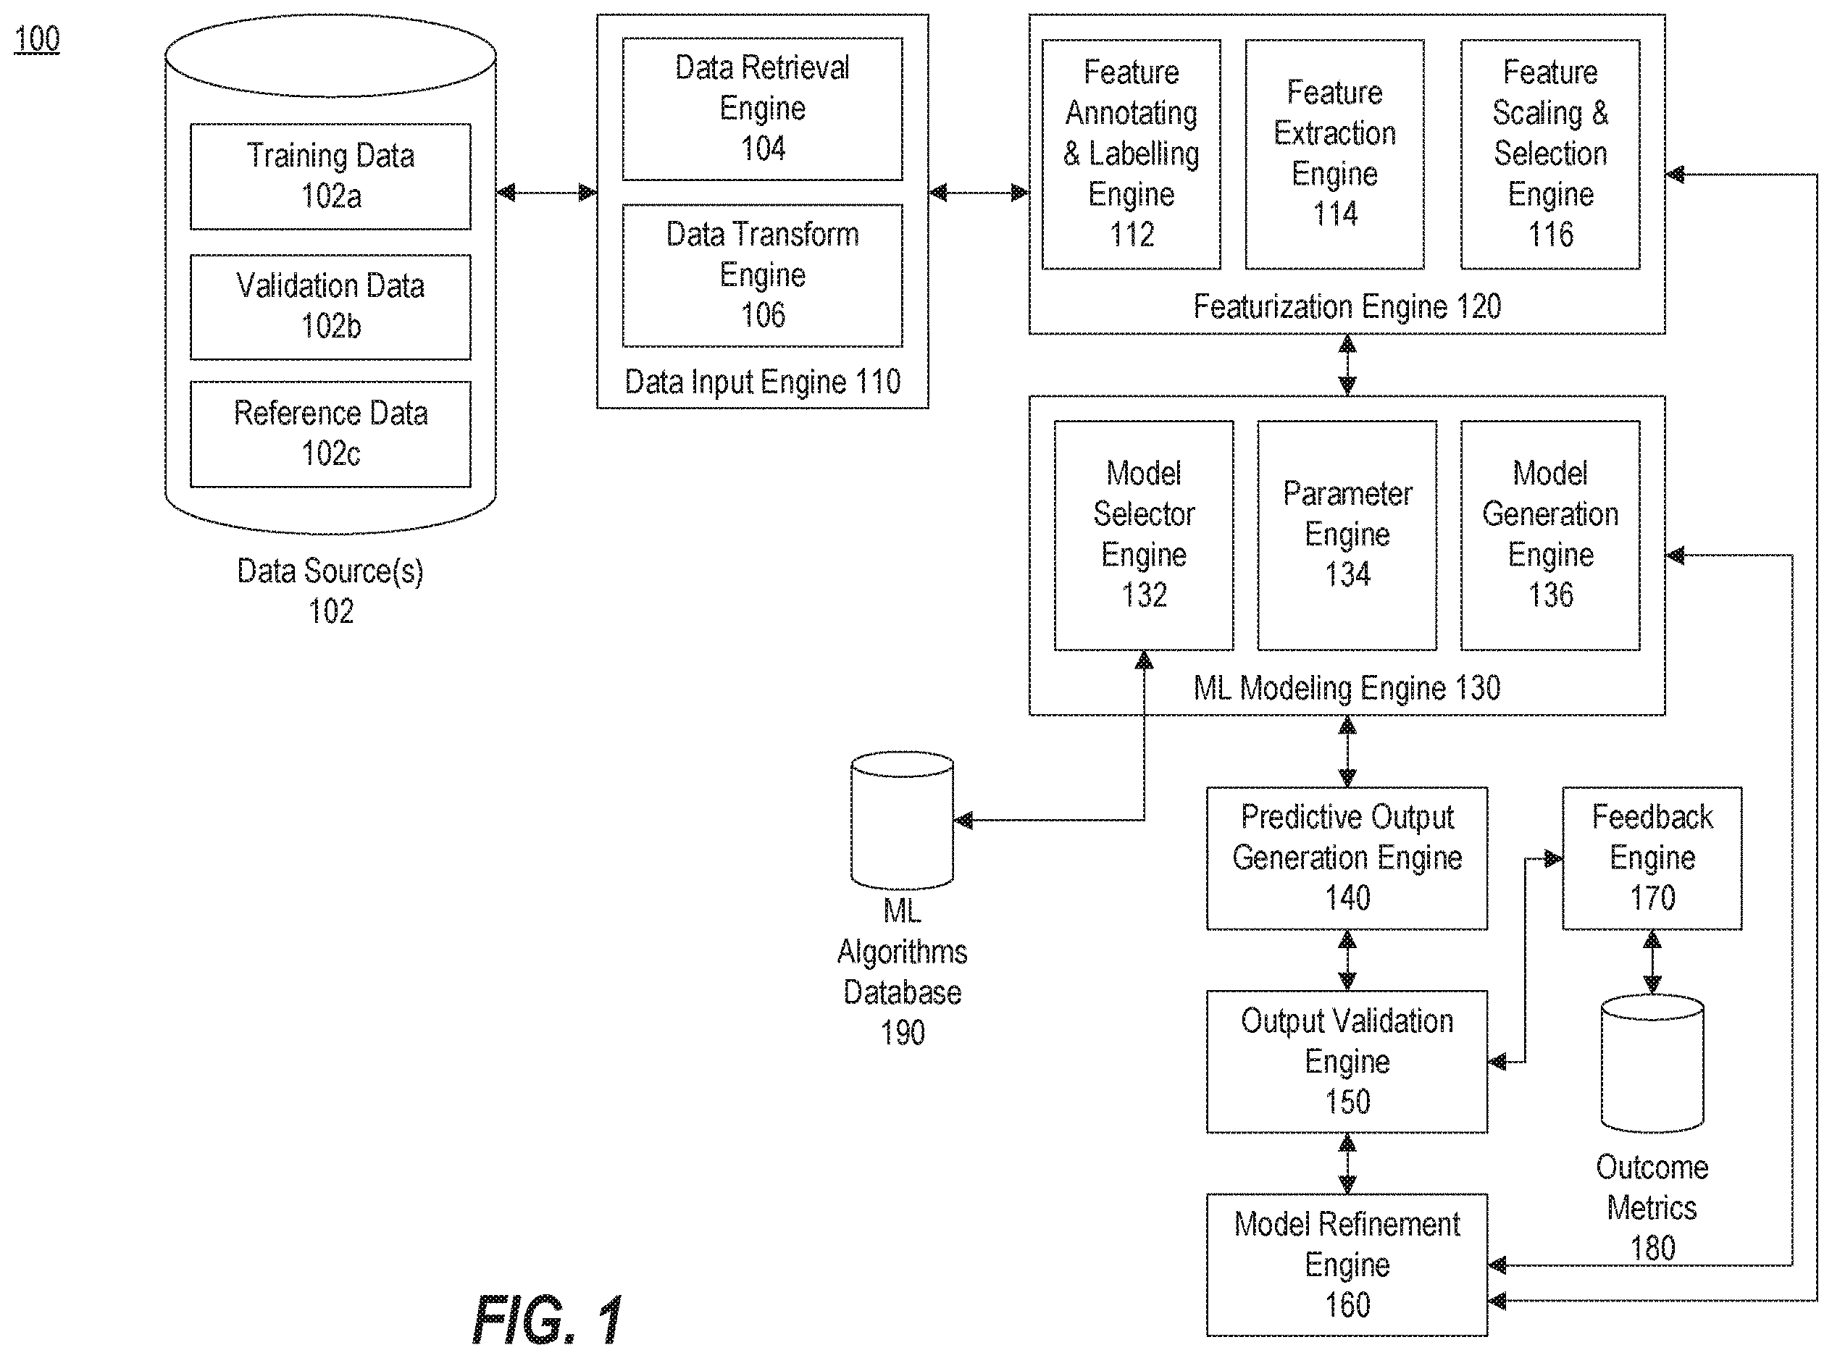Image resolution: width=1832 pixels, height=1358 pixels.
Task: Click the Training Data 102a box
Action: pos(330,177)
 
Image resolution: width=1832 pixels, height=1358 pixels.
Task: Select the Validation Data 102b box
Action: pos(330,306)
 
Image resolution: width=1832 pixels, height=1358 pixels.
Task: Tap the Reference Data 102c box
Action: pos(330,434)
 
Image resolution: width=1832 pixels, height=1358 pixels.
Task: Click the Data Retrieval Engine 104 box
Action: pos(762,109)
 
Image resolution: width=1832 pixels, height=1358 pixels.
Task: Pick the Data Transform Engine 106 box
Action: pos(762,275)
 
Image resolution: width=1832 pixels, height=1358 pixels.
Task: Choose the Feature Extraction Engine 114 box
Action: pos(1334,154)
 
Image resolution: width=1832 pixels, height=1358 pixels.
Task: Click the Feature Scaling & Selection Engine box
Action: pos(1550,154)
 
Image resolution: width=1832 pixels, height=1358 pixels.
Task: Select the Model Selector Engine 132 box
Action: pos(1144,536)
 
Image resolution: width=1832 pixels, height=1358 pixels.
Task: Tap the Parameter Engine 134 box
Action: pos(1347,536)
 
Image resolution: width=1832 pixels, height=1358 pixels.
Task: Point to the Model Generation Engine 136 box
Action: pos(1550,536)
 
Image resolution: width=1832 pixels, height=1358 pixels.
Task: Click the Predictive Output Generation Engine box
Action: pos(1347,858)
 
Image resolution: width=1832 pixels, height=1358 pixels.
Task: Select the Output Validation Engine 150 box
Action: pos(1347,1062)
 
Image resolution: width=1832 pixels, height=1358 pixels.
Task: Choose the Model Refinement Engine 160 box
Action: pos(1347,1265)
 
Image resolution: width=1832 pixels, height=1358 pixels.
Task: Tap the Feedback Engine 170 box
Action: pos(1652,858)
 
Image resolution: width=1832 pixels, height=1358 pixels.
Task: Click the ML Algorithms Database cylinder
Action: pos(902,821)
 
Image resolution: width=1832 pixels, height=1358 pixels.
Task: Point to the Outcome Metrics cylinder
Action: pos(1652,1064)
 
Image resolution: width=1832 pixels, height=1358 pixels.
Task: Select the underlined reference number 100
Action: pos(37,38)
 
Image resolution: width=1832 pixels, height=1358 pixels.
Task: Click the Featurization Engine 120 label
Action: pos(1347,306)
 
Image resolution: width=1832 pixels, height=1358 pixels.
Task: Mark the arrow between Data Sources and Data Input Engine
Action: pos(547,193)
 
